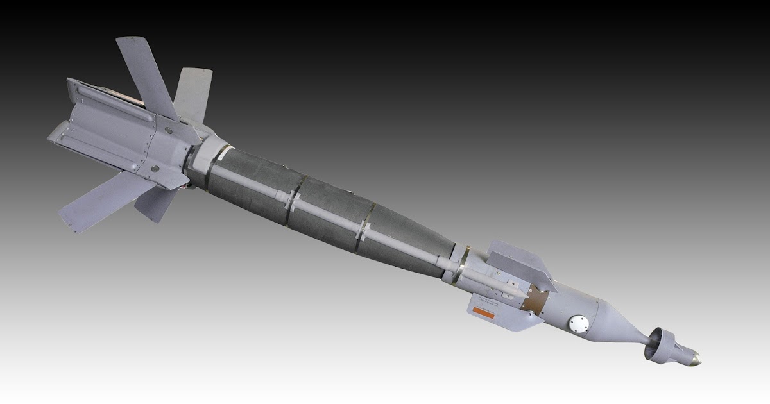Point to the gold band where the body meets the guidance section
[x=461, y=263]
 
